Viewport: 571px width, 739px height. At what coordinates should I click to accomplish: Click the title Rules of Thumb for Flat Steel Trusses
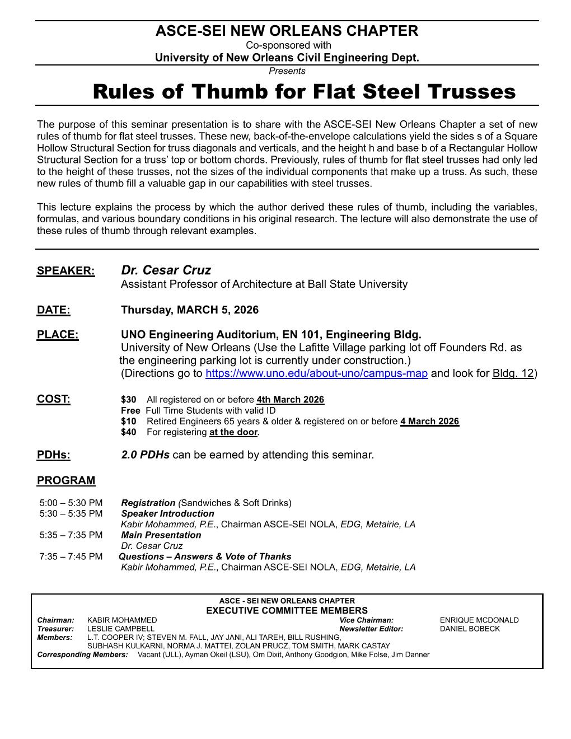[304, 91]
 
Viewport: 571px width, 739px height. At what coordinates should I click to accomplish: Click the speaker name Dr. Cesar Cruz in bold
[166, 270]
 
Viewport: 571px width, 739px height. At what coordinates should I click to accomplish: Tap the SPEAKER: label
[65, 271]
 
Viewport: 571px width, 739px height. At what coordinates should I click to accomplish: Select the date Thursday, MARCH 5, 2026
[189, 310]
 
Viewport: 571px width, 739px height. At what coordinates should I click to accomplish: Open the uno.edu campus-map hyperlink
[316, 373]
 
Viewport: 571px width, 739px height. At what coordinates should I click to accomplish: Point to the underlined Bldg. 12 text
[513, 373]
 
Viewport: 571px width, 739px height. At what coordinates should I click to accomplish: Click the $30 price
[128, 400]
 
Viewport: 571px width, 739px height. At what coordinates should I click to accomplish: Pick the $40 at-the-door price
[128, 432]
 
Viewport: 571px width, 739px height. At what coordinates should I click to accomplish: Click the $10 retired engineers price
[128, 421]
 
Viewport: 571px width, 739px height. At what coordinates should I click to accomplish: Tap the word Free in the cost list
[130, 410]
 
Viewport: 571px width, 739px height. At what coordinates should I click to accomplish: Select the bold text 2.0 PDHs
[145, 455]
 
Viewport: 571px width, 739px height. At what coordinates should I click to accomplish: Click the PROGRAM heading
[65, 480]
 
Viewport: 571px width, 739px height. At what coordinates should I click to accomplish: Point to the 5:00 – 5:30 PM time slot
[71, 503]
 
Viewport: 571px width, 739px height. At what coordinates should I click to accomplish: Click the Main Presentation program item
[161, 535]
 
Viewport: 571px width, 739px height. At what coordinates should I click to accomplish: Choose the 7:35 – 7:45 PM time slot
[71, 556]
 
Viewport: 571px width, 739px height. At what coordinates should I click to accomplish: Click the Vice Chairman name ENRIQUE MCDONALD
[479, 620]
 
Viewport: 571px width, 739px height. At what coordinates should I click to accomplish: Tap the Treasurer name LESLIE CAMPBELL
[120, 629]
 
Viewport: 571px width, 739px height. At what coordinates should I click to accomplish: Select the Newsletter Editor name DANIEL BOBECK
[470, 629]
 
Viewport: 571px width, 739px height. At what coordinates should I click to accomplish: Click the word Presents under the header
[287, 71]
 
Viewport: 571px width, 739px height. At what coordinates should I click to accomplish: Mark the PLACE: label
[58, 335]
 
